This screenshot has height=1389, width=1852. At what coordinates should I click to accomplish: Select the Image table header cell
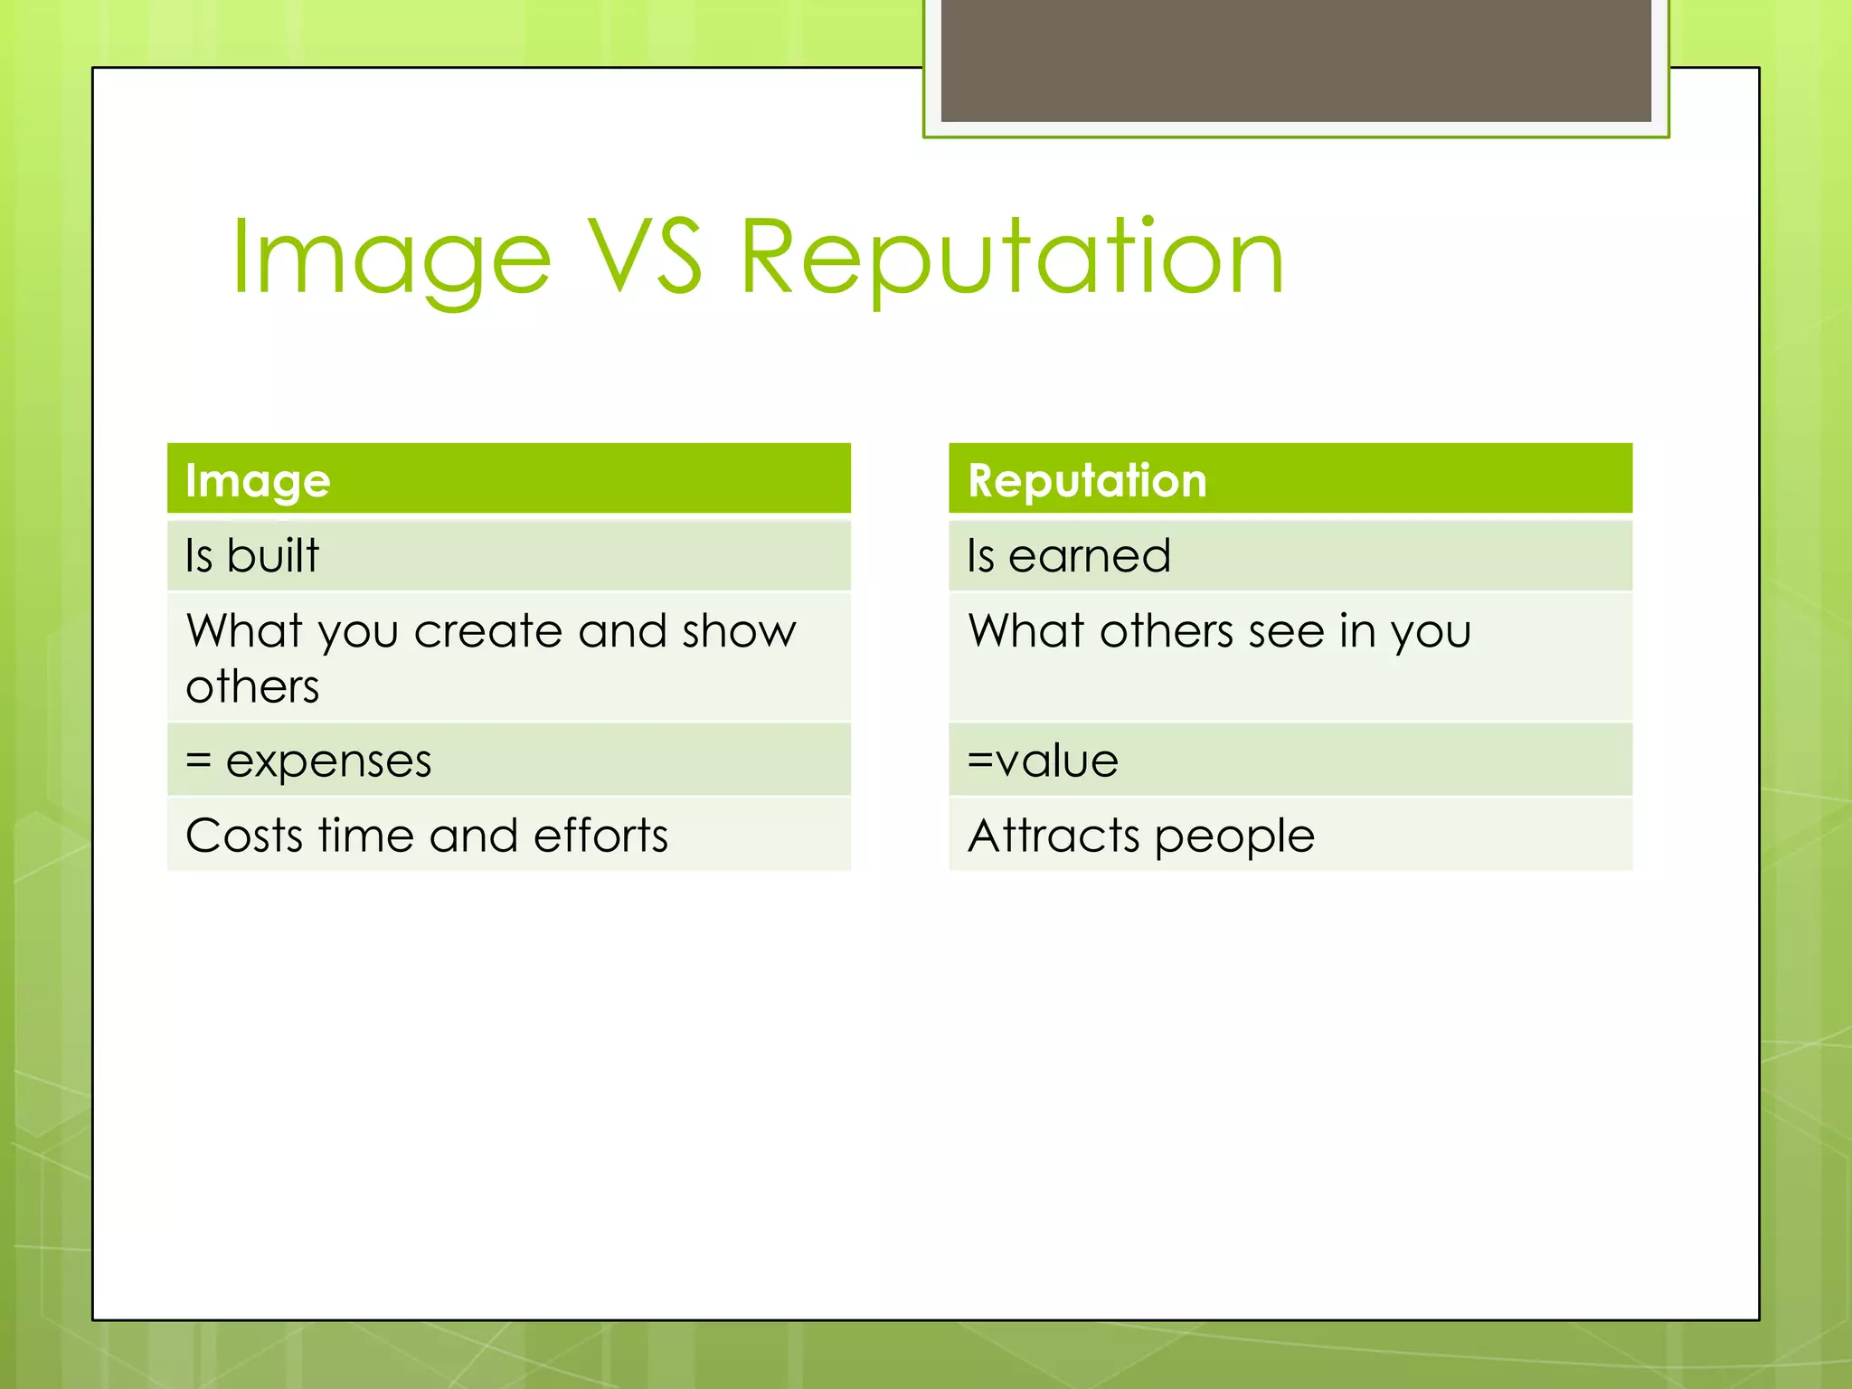508,479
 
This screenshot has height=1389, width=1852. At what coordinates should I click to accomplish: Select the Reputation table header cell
1290,479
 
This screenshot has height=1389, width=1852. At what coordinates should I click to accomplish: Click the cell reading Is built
508,555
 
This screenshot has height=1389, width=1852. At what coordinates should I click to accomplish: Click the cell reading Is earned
1290,555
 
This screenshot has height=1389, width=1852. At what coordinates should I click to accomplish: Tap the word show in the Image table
739,631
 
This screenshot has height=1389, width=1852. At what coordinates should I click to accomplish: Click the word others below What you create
252,687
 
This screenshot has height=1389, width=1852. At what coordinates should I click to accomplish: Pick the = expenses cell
508,761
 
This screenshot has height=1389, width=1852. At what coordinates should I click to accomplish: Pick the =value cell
1290,761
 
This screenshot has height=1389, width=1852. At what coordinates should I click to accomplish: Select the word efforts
600,836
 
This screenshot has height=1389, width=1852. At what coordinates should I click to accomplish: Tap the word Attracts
1054,836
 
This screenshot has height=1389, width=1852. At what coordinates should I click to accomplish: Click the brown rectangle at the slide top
1295,60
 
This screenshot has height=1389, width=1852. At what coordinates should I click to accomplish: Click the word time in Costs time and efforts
365,836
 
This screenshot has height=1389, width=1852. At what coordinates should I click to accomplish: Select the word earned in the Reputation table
1089,555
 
